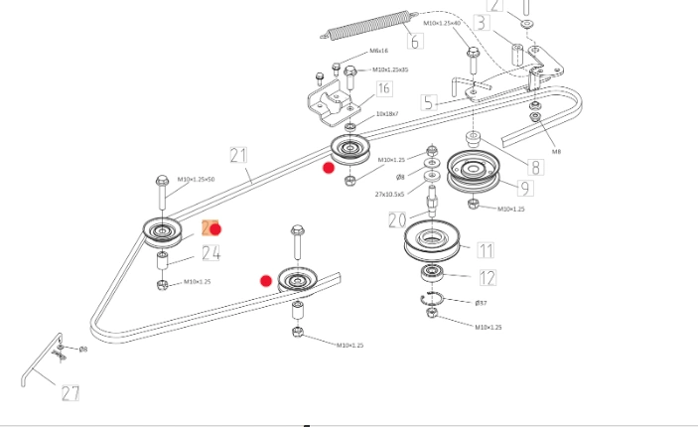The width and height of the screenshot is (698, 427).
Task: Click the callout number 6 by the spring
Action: pyautogui.click(x=414, y=41)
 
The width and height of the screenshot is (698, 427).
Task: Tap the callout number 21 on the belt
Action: pyautogui.click(x=238, y=155)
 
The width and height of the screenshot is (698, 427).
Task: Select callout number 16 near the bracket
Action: pyautogui.click(x=382, y=89)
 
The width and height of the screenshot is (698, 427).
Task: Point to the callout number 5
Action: pyautogui.click(x=428, y=102)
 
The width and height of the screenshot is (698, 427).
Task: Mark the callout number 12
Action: pyautogui.click(x=487, y=278)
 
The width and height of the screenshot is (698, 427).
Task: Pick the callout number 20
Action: pyautogui.click(x=397, y=219)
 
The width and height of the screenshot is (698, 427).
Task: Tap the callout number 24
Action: pyautogui.click(x=210, y=253)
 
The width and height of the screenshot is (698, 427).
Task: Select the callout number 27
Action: pyautogui.click(x=70, y=393)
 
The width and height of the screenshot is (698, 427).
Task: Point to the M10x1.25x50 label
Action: pyautogui.click(x=197, y=180)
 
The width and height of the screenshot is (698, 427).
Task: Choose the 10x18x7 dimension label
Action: pyautogui.click(x=386, y=114)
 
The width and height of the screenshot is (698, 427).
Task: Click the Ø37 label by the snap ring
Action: pyautogui.click(x=481, y=302)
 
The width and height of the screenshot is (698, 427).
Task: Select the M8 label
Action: pyautogui.click(x=556, y=152)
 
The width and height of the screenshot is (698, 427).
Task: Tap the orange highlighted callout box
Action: pyautogui.click(x=208, y=228)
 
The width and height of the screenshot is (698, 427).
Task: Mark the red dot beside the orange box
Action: pyautogui.click(x=215, y=229)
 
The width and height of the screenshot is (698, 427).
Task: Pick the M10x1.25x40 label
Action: pyautogui.click(x=442, y=23)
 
